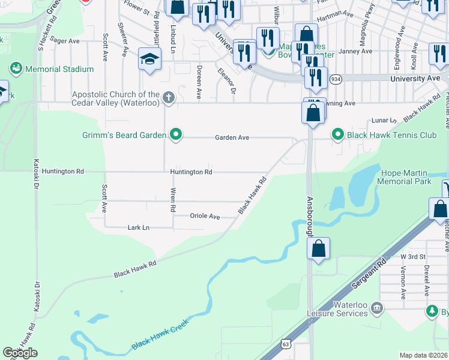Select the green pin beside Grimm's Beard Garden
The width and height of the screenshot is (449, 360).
coord(176,134)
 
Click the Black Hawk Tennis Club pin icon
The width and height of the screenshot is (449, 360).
coord(337,135)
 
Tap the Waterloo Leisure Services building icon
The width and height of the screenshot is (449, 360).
coord(377,308)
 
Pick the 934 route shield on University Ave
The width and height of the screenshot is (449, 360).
coord(336,79)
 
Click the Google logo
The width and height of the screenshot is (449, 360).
coord(20,353)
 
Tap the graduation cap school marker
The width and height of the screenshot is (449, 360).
coord(149,59)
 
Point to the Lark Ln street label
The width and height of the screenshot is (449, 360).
coord(138,227)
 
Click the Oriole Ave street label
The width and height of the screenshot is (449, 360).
coord(205,216)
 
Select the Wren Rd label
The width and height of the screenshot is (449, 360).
coord(173,200)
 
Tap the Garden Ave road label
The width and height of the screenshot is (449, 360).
coord(232,137)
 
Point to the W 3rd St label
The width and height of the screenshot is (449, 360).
coord(412,256)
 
